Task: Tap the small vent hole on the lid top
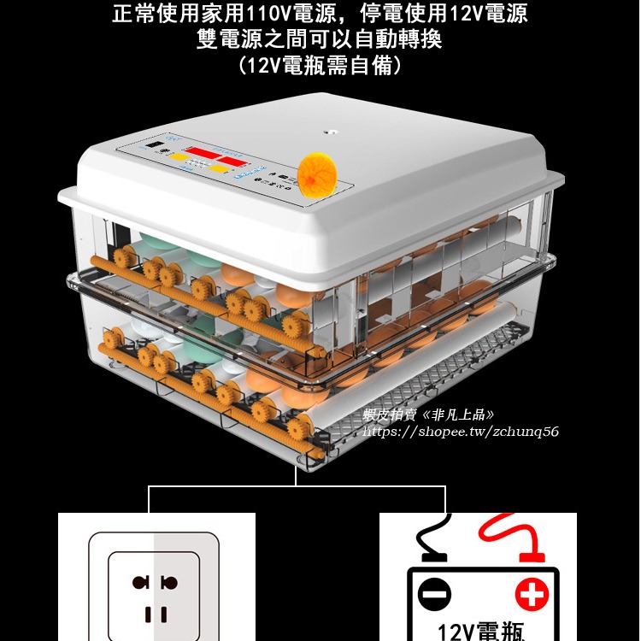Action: click(x=326, y=132)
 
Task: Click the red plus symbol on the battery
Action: click(x=531, y=593)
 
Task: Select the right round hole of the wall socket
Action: click(x=169, y=583)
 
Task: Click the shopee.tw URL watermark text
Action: click(x=461, y=432)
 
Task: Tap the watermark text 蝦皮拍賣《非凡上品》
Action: click(x=428, y=415)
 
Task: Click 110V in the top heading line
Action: click(x=268, y=14)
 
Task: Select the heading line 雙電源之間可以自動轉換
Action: click(x=320, y=39)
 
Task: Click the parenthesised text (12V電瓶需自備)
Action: click(x=320, y=66)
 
